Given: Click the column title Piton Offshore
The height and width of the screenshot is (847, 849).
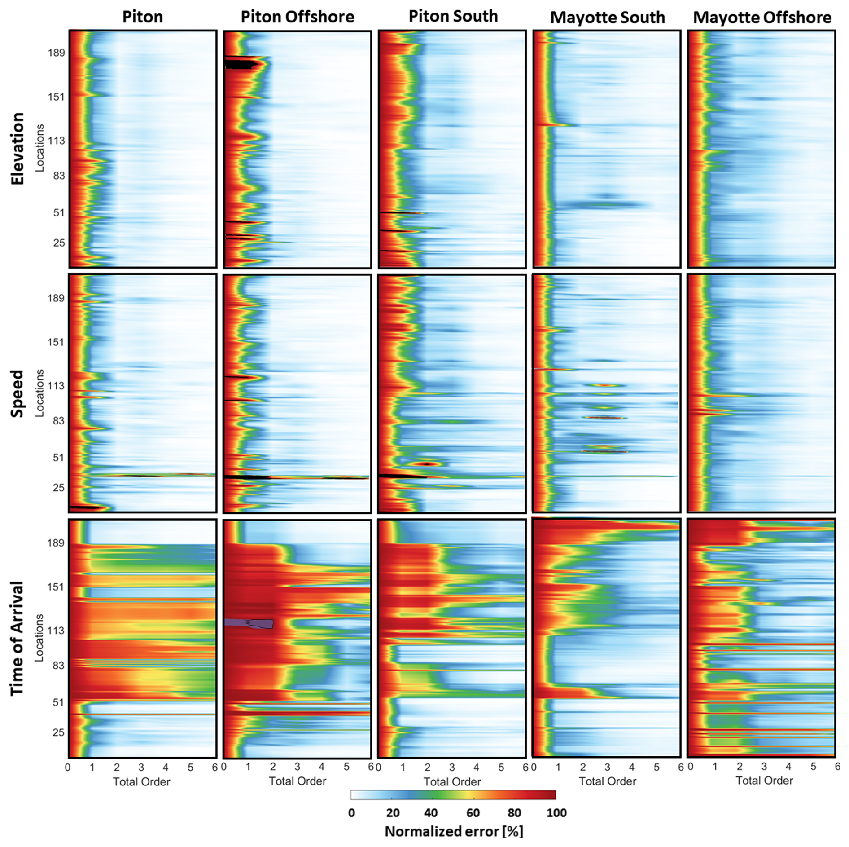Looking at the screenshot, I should click(297, 17).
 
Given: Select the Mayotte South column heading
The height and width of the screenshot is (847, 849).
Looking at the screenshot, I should click(608, 18).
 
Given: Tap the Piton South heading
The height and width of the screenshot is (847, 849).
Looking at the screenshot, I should click(453, 16).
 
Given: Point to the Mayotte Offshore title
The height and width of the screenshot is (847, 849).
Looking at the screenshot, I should click(762, 18).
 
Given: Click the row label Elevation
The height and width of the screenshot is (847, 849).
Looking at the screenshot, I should click(18, 149).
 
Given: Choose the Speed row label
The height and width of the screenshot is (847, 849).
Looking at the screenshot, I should click(18, 393).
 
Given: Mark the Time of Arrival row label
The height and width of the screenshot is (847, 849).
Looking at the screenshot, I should click(18, 638).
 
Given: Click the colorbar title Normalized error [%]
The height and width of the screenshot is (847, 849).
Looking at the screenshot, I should click(454, 831).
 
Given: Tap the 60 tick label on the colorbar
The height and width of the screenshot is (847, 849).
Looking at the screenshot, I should click(473, 812).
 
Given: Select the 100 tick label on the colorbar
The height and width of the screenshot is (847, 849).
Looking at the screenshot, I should click(556, 812).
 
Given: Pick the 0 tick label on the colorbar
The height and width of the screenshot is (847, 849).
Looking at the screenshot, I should click(351, 812).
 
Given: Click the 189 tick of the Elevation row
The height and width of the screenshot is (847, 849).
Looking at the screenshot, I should click(57, 53).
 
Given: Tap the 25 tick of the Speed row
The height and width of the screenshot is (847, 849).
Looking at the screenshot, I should click(59, 488).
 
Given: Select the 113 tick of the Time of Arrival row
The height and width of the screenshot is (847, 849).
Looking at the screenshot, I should click(57, 631).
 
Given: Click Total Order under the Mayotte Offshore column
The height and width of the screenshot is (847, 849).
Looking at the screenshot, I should click(764, 781).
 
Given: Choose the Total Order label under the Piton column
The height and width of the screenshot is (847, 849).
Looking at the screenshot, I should click(141, 782).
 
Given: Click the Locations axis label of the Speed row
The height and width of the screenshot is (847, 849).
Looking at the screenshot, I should click(40, 393).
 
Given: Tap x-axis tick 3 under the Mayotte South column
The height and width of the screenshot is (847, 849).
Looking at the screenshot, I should click(607, 767).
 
